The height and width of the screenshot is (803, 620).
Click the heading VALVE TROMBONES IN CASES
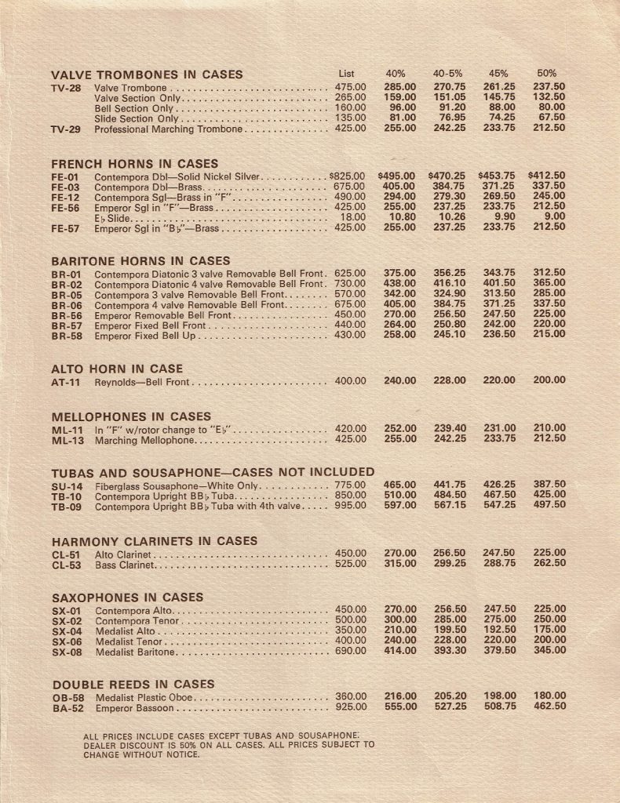[x=147, y=75]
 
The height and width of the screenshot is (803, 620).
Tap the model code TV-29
[x=66, y=129]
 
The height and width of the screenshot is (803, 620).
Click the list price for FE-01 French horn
[x=348, y=176]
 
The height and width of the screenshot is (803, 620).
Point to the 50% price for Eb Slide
[x=554, y=217]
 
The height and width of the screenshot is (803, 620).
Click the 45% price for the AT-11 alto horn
[x=499, y=380]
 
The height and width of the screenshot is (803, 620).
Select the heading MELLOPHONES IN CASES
[x=131, y=416]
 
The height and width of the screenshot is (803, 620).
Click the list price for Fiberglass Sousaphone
[x=350, y=485]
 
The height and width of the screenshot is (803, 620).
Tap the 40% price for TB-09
[x=399, y=506]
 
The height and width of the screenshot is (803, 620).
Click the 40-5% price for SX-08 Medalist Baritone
[x=450, y=650]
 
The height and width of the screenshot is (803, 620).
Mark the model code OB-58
[x=67, y=697]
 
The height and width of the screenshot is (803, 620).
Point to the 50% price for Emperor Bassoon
[x=549, y=707]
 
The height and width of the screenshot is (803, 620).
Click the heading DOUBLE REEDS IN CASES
[x=133, y=685]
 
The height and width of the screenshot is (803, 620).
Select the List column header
[x=348, y=74]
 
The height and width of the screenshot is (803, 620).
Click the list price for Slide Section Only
[x=350, y=118]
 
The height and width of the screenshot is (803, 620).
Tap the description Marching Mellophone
[x=144, y=439]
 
